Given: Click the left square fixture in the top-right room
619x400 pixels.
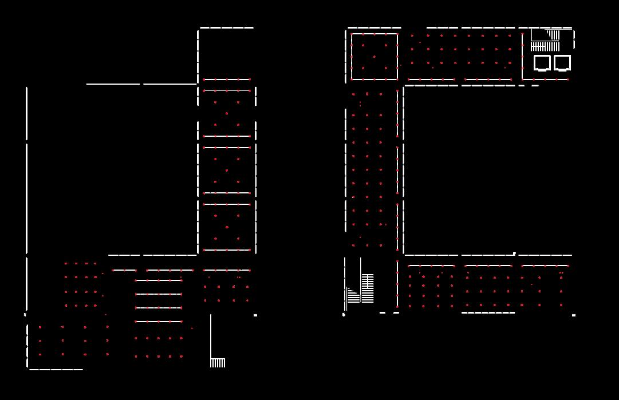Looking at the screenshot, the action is click(x=542, y=62).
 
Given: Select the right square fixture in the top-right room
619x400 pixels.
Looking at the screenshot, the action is click(x=562, y=62).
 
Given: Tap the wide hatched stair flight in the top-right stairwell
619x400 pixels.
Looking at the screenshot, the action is click(x=545, y=46).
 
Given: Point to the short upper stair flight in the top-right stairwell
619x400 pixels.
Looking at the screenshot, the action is click(x=553, y=34).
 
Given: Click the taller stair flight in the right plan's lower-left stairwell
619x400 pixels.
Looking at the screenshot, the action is click(x=368, y=288).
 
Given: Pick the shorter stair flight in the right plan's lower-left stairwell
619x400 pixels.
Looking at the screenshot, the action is click(x=353, y=296).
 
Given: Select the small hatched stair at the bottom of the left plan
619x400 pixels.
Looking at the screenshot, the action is click(x=218, y=363).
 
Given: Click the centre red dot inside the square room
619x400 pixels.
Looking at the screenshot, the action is click(x=374, y=57).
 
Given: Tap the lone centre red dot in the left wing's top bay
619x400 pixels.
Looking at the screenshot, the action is click(x=227, y=113).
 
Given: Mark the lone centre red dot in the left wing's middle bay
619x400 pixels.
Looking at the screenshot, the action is click(x=227, y=171).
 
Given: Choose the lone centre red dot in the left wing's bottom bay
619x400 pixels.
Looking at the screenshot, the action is click(x=227, y=227).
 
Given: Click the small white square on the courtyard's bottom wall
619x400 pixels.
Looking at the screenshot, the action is click(x=514, y=253).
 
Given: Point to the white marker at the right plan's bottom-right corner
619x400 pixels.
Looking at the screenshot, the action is click(x=574, y=315).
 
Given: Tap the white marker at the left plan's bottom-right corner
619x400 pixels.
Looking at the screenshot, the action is click(x=255, y=315).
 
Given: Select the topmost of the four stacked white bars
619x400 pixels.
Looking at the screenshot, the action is click(x=159, y=280).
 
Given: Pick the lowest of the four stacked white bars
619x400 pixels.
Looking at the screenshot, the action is click(x=159, y=322).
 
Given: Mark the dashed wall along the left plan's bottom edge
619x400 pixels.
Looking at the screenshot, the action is click(x=56, y=370).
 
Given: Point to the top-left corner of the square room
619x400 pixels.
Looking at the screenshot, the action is click(x=352, y=34).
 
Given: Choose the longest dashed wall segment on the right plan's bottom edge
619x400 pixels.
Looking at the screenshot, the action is click(x=488, y=313).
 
